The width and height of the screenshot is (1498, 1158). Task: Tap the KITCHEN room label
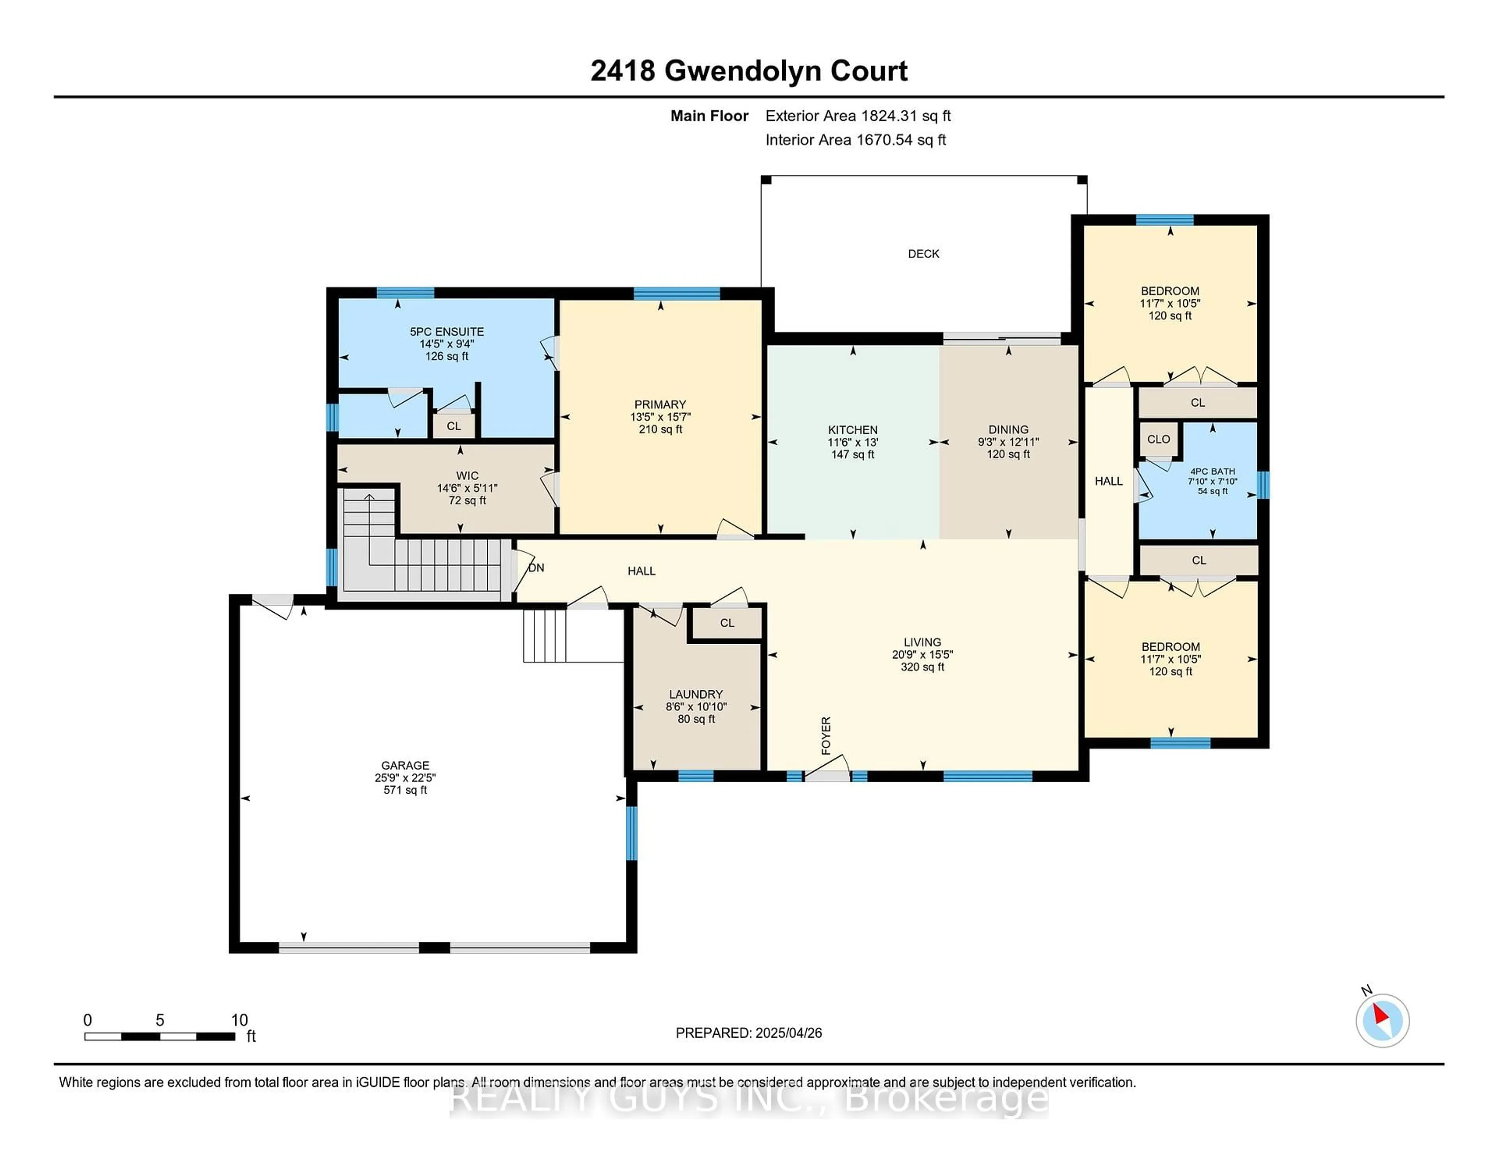852,430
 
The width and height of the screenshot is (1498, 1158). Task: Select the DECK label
923,254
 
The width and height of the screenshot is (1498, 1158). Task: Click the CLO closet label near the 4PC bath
1159,439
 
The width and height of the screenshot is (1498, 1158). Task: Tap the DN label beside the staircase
536,567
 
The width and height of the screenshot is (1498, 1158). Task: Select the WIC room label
467,475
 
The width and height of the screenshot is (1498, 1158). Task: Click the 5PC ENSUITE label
447,331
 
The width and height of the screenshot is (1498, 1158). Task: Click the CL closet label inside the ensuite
453,426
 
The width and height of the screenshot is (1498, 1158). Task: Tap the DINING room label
1008,430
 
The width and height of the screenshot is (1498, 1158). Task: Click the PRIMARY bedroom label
660,404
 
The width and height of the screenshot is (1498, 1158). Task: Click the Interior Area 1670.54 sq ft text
855,140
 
